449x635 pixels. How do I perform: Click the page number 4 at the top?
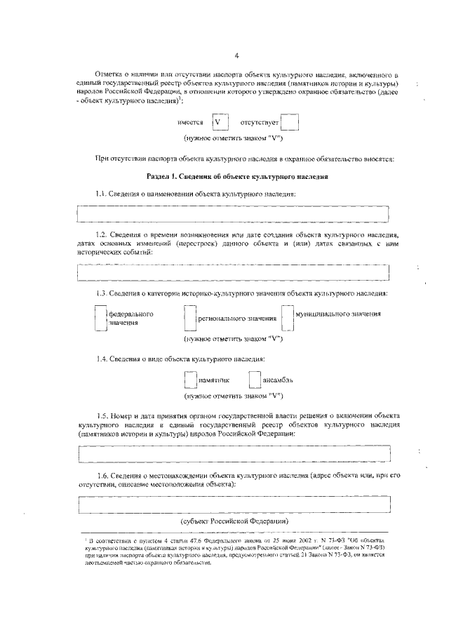[236, 55]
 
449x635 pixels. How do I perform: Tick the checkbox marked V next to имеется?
[221, 122]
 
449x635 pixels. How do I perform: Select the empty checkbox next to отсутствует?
[290, 122]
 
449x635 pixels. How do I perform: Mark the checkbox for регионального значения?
[188, 319]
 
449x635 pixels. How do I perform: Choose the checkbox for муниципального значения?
[287, 318]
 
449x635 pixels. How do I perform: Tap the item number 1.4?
[102, 359]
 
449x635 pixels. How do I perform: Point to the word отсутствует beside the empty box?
[260, 123]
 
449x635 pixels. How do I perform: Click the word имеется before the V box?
[191, 123]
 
